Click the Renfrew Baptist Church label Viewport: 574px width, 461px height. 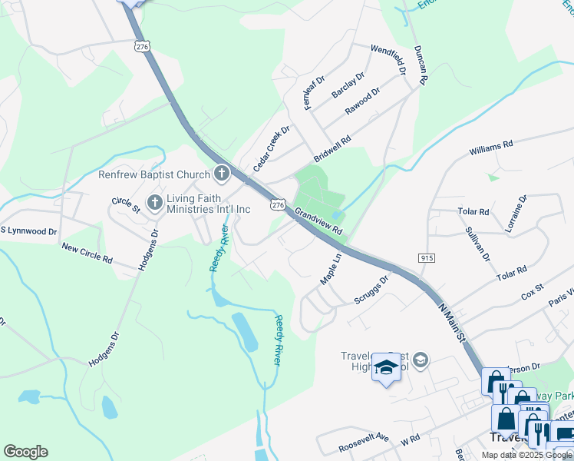(153, 174)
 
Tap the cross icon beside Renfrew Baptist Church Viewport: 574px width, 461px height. (221, 174)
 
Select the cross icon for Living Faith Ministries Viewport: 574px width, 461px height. (154, 203)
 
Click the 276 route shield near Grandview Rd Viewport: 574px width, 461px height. (278, 205)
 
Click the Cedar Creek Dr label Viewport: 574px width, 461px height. (272, 148)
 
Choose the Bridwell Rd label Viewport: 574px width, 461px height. (330, 145)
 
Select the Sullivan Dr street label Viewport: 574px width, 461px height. (477, 244)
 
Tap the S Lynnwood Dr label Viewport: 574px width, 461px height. (28, 230)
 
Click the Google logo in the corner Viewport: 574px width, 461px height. (25, 452)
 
